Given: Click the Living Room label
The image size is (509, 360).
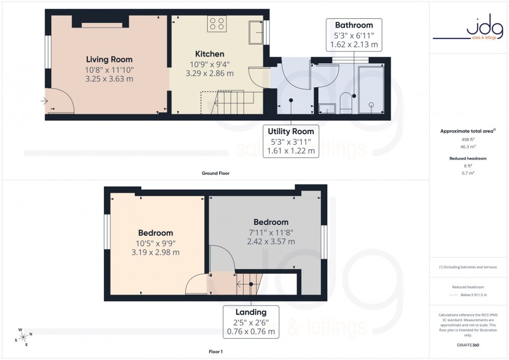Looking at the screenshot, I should pos(109,59).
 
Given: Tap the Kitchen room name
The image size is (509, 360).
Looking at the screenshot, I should pos(209,54).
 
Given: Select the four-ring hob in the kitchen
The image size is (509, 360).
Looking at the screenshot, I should pos(217,23).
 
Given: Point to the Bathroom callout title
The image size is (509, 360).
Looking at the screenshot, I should pos(354,25).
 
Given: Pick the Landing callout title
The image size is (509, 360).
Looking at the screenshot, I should pos(251,312).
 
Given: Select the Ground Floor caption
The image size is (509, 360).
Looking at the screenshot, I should pos(215,174).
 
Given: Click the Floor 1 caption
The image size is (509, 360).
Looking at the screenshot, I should pos(215,352).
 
